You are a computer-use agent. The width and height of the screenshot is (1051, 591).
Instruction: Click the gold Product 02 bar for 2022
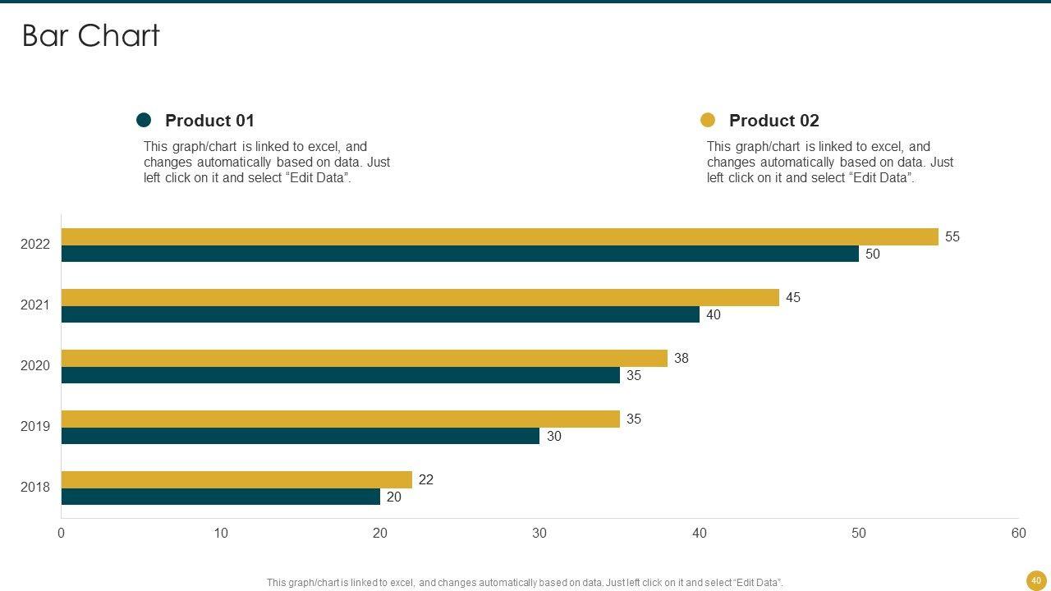point(499,236)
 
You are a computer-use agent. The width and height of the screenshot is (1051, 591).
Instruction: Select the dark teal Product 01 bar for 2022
point(460,254)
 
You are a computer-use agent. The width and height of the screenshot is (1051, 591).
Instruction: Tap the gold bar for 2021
point(420,297)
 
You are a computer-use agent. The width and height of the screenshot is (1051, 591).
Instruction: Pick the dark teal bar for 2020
point(340,375)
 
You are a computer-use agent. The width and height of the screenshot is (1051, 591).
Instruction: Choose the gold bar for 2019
point(340,419)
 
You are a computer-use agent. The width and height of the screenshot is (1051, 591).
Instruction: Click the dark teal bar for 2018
point(220,497)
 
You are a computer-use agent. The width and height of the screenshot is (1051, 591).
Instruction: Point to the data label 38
point(681,358)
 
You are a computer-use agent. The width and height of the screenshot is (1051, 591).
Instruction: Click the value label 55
point(952,236)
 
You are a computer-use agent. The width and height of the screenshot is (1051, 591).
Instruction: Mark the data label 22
point(426,479)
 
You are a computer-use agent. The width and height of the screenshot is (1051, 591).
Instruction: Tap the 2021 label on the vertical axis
point(35,305)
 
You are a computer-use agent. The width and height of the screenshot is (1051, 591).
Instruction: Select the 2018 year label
point(35,487)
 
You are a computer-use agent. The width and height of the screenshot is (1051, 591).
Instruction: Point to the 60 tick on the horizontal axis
point(1018,534)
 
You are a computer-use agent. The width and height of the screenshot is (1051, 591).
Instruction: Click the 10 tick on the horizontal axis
point(221,534)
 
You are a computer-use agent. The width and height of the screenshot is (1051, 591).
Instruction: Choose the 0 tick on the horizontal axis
point(62,534)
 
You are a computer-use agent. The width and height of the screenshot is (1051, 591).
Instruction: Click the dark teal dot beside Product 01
point(144,121)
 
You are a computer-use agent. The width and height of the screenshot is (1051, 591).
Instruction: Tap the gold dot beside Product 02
point(708,121)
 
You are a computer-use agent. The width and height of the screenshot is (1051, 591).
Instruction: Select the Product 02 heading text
point(773,121)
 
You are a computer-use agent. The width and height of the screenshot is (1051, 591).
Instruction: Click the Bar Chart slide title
point(90,36)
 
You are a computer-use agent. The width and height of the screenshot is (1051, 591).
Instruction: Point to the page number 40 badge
point(1036,580)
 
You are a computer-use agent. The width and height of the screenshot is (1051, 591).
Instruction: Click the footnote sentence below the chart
point(525,583)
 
